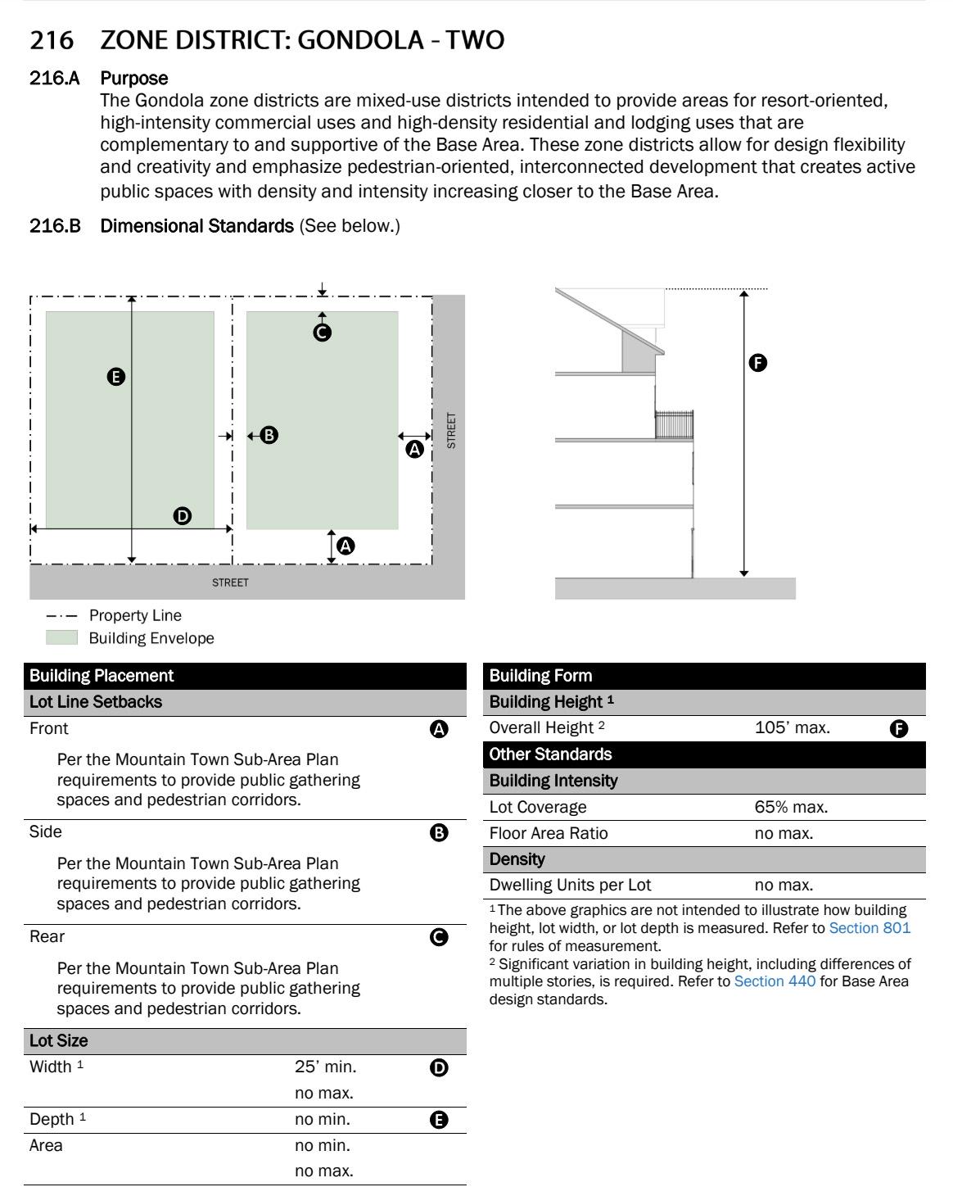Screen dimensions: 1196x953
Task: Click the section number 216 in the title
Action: pos(51,39)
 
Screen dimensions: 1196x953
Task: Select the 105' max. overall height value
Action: pos(792,727)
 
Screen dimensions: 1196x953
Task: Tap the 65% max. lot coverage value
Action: pos(790,807)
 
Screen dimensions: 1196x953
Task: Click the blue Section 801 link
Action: pos(869,928)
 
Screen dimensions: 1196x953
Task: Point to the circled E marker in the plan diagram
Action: pos(116,377)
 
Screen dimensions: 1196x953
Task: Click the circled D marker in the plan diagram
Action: pos(183,515)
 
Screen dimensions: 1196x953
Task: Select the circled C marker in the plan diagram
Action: pos(323,332)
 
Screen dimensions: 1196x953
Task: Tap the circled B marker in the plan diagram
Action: pos(269,435)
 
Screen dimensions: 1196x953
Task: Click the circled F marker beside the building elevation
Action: pos(758,362)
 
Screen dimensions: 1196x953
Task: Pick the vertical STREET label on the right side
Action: pos(451,430)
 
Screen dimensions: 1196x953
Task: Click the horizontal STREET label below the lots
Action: pos(230,582)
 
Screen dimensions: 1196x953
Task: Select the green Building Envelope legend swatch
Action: pos(61,638)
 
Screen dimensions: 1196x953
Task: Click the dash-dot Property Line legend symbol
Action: pos(61,616)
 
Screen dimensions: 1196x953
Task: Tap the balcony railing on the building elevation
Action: pos(674,424)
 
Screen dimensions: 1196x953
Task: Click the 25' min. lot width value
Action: pos(325,1067)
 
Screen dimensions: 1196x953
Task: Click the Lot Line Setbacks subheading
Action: pos(96,702)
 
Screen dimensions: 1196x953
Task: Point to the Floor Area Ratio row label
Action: pos(549,833)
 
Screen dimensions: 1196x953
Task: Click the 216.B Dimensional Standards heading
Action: pos(196,225)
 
